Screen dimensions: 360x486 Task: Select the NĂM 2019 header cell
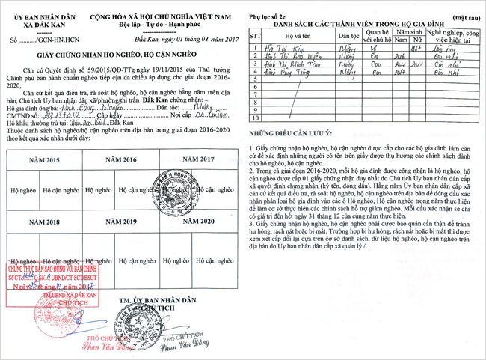coord(124,222)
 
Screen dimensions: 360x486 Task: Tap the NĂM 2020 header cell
coord(198,222)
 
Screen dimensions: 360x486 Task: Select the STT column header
coord(254,36)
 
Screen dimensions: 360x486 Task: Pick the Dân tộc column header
coord(348,36)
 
